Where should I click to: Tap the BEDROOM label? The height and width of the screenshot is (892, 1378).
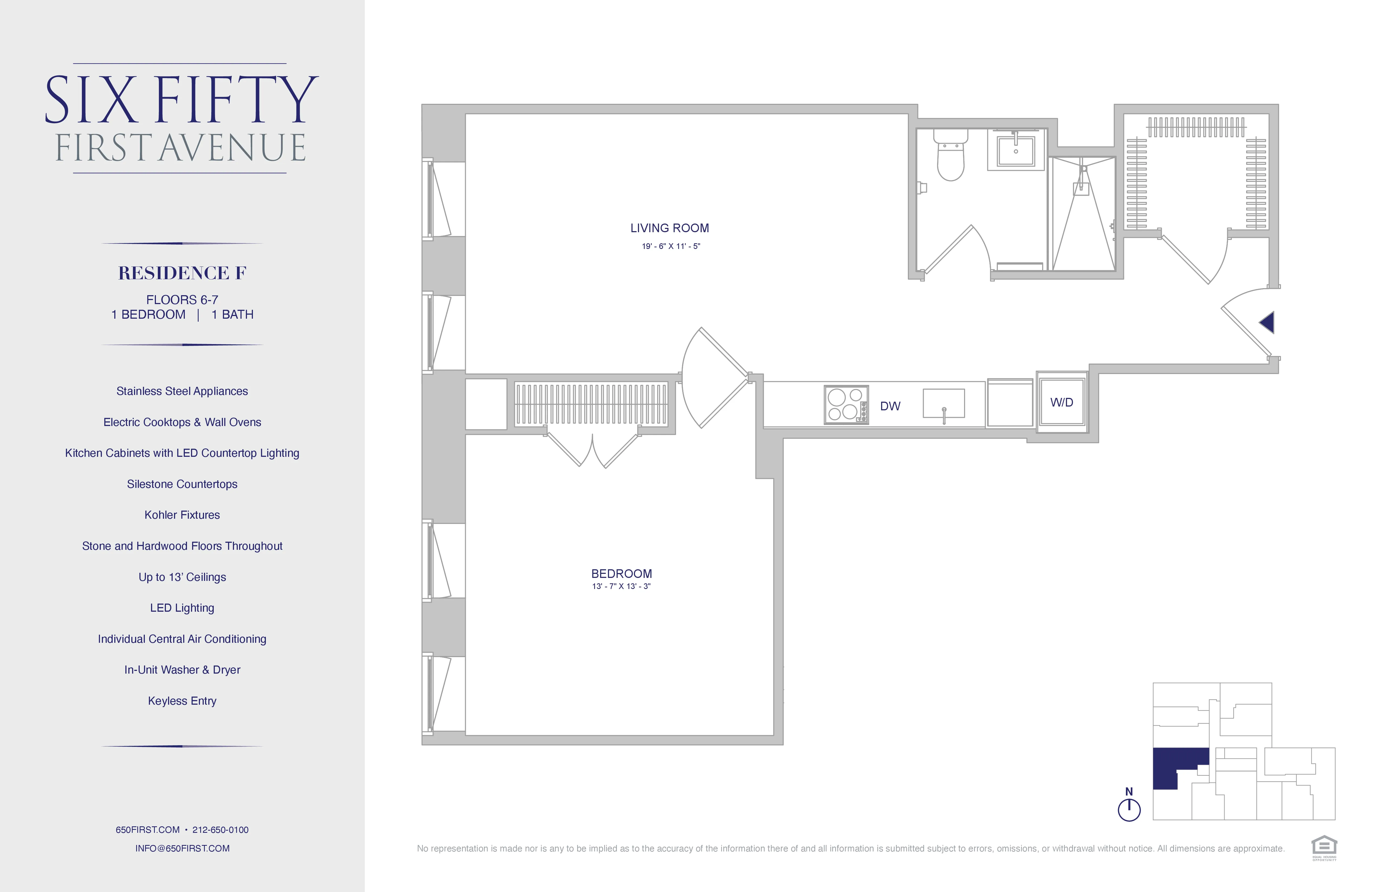click(x=621, y=573)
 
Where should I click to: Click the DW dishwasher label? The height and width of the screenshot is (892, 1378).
click(x=890, y=406)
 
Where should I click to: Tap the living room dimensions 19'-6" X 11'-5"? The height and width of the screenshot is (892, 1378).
click(x=670, y=246)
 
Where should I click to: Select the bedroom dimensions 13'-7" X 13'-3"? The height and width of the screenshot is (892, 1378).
click(x=621, y=586)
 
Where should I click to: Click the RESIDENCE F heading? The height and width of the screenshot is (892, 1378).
click(x=182, y=273)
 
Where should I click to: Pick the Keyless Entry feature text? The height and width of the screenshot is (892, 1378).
click(x=182, y=701)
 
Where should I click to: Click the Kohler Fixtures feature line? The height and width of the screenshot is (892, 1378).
click(x=182, y=515)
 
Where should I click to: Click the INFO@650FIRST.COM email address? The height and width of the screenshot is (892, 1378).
click(x=182, y=848)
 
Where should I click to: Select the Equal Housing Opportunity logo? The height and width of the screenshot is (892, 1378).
click(x=1324, y=847)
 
